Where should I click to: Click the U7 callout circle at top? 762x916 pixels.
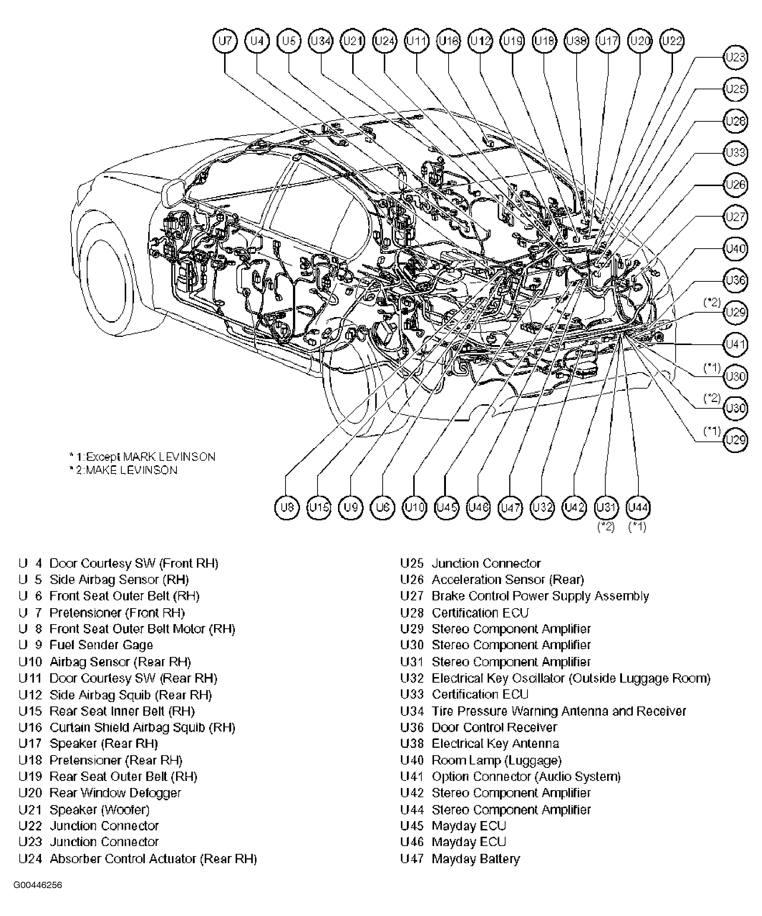click(225, 41)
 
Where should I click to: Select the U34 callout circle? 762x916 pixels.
click(321, 41)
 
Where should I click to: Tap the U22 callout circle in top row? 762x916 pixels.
click(672, 41)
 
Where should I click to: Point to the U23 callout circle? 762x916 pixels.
click(736, 58)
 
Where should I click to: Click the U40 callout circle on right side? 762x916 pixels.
click(736, 249)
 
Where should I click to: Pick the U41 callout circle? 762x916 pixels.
click(736, 345)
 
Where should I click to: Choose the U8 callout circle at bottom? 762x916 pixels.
click(287, 507)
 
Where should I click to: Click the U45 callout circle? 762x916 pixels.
click(447, 507)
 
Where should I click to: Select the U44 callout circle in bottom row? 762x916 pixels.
click(638, 507)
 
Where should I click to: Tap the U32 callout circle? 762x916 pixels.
click(542, 507)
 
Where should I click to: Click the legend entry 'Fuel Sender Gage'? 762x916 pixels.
click(101, 645)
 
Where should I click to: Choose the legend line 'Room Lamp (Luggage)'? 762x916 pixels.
click(496, 760)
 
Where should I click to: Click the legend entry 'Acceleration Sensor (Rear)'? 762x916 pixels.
click(508, 580)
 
